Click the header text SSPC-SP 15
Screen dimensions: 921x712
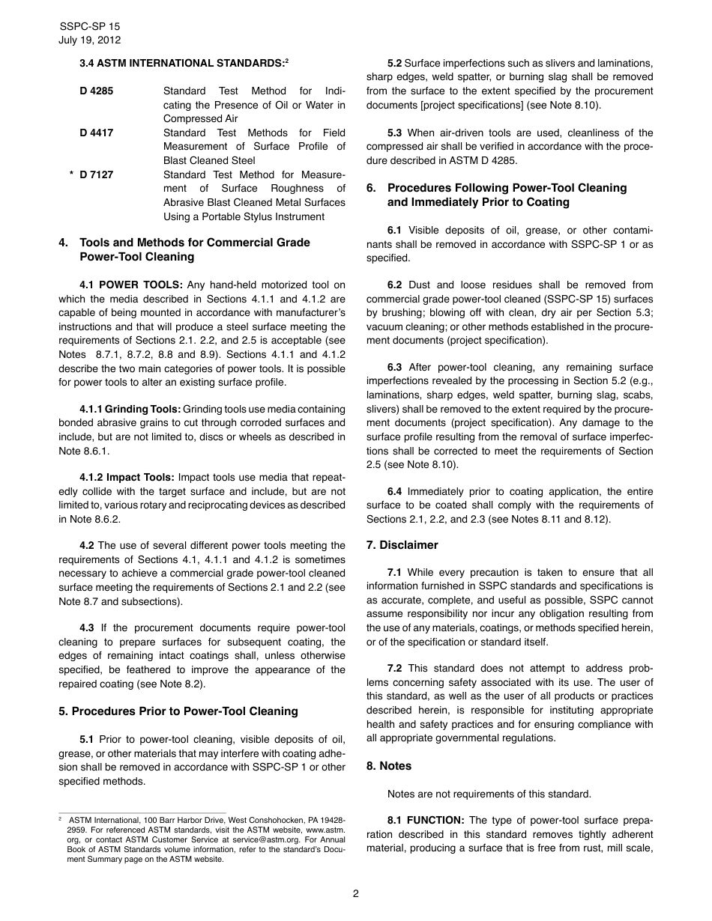[88, 26]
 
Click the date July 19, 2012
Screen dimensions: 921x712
[89, 40]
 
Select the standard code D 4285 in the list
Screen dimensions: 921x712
[97, 91]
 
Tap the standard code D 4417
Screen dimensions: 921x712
[97, 133]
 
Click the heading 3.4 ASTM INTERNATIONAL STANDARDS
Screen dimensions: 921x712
[183, 64]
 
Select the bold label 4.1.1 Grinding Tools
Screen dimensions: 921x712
[130, 410]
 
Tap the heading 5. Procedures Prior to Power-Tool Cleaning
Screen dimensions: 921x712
[178, 711]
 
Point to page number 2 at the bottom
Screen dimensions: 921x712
[356, 893]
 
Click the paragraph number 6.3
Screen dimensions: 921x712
[394, 368]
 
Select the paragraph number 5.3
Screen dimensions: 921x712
[394, 133]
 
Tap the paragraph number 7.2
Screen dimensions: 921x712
[394, 669]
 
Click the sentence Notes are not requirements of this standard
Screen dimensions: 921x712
[489, 794]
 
